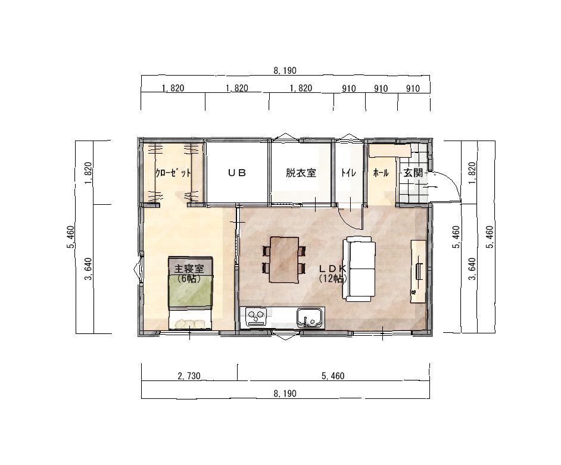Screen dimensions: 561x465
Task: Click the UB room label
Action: click(237, 173)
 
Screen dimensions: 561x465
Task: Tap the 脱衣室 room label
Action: click(301, 173)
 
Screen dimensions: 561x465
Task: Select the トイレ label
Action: click(348, 173)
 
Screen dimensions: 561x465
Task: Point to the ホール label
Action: click(381, 173)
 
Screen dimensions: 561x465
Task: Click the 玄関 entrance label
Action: click(413, 173)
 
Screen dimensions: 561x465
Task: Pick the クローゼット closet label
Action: click(173, 173)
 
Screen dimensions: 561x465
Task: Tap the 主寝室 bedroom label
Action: click(189, 269)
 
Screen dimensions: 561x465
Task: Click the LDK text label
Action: click(333, 269)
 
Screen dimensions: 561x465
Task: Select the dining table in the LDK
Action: click(285, 260)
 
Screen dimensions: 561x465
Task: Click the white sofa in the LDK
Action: click(359, 270)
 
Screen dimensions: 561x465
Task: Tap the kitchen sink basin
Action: click(309, 317)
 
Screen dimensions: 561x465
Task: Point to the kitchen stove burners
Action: click(256, 317)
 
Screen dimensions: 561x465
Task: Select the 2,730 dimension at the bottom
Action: click(189, 376)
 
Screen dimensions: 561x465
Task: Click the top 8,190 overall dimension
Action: click(285, 70)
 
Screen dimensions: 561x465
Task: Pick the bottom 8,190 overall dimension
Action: click(285, 394)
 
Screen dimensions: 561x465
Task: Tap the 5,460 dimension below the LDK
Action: click(333, 376)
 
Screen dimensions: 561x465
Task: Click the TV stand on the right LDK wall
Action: click(418, 272)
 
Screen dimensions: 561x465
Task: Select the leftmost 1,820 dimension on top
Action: click(173, 88)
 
